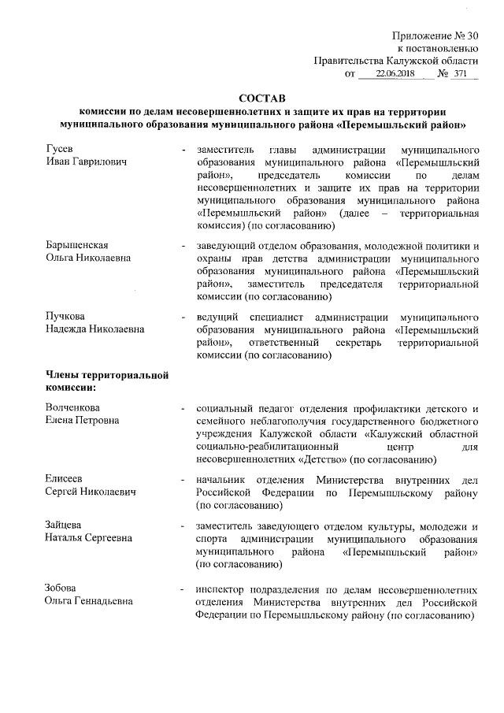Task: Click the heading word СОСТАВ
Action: tap(262, 98)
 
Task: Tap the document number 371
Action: tap(461, 73)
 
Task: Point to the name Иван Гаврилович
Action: tap(81, 162)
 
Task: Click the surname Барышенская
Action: tap(76, 245)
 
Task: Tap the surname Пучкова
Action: tap(65, 317)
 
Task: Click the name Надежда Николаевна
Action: tap(94, 329)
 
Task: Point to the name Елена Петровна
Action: tap(81, 421)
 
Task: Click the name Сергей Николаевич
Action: tap(90, 492)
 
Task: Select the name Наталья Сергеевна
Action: tap(87, 538)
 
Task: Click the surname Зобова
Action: tap(62, 588)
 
